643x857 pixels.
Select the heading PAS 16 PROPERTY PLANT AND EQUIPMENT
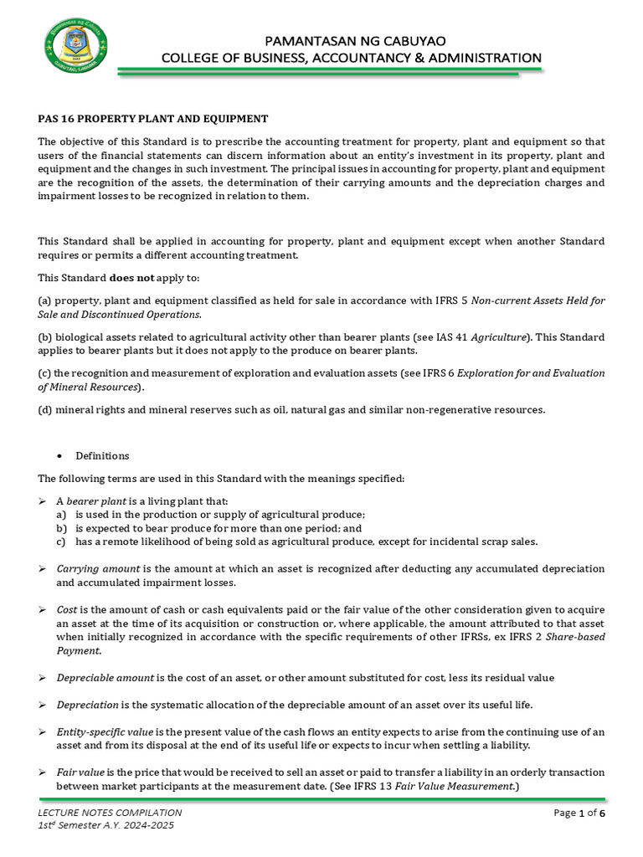(x=152, y=119)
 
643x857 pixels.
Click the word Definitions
(x=102, y=456)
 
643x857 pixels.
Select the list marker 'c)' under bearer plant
(x=61, y=541)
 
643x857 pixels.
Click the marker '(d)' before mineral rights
(x=45, y=410)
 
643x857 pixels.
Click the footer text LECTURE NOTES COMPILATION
(x=110, y=813)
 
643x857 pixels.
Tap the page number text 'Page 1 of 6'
(x=579, y=813)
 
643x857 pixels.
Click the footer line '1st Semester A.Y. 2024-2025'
(x=106, y=825)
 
